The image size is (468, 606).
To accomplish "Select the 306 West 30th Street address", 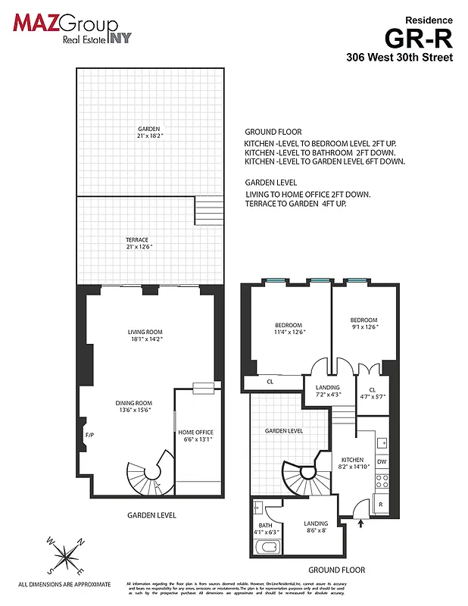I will (x=399, y=57).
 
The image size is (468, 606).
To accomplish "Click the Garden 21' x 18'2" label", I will (x=149, y=133).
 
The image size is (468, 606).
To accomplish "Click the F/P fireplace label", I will (x=89, y=435).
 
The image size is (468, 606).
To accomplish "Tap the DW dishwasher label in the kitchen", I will (x=382, y=461).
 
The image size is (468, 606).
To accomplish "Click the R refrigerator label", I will (x=380, y=504).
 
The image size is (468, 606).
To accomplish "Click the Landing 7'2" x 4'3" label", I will (x=327, y=391).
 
